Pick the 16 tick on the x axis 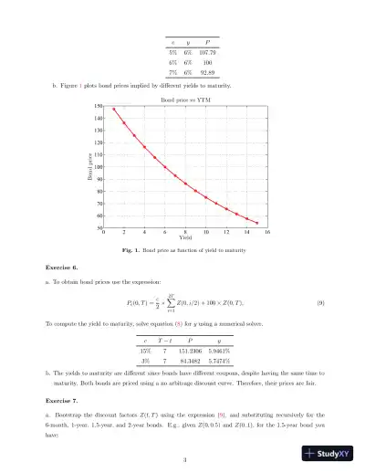click(x=266, y=233)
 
